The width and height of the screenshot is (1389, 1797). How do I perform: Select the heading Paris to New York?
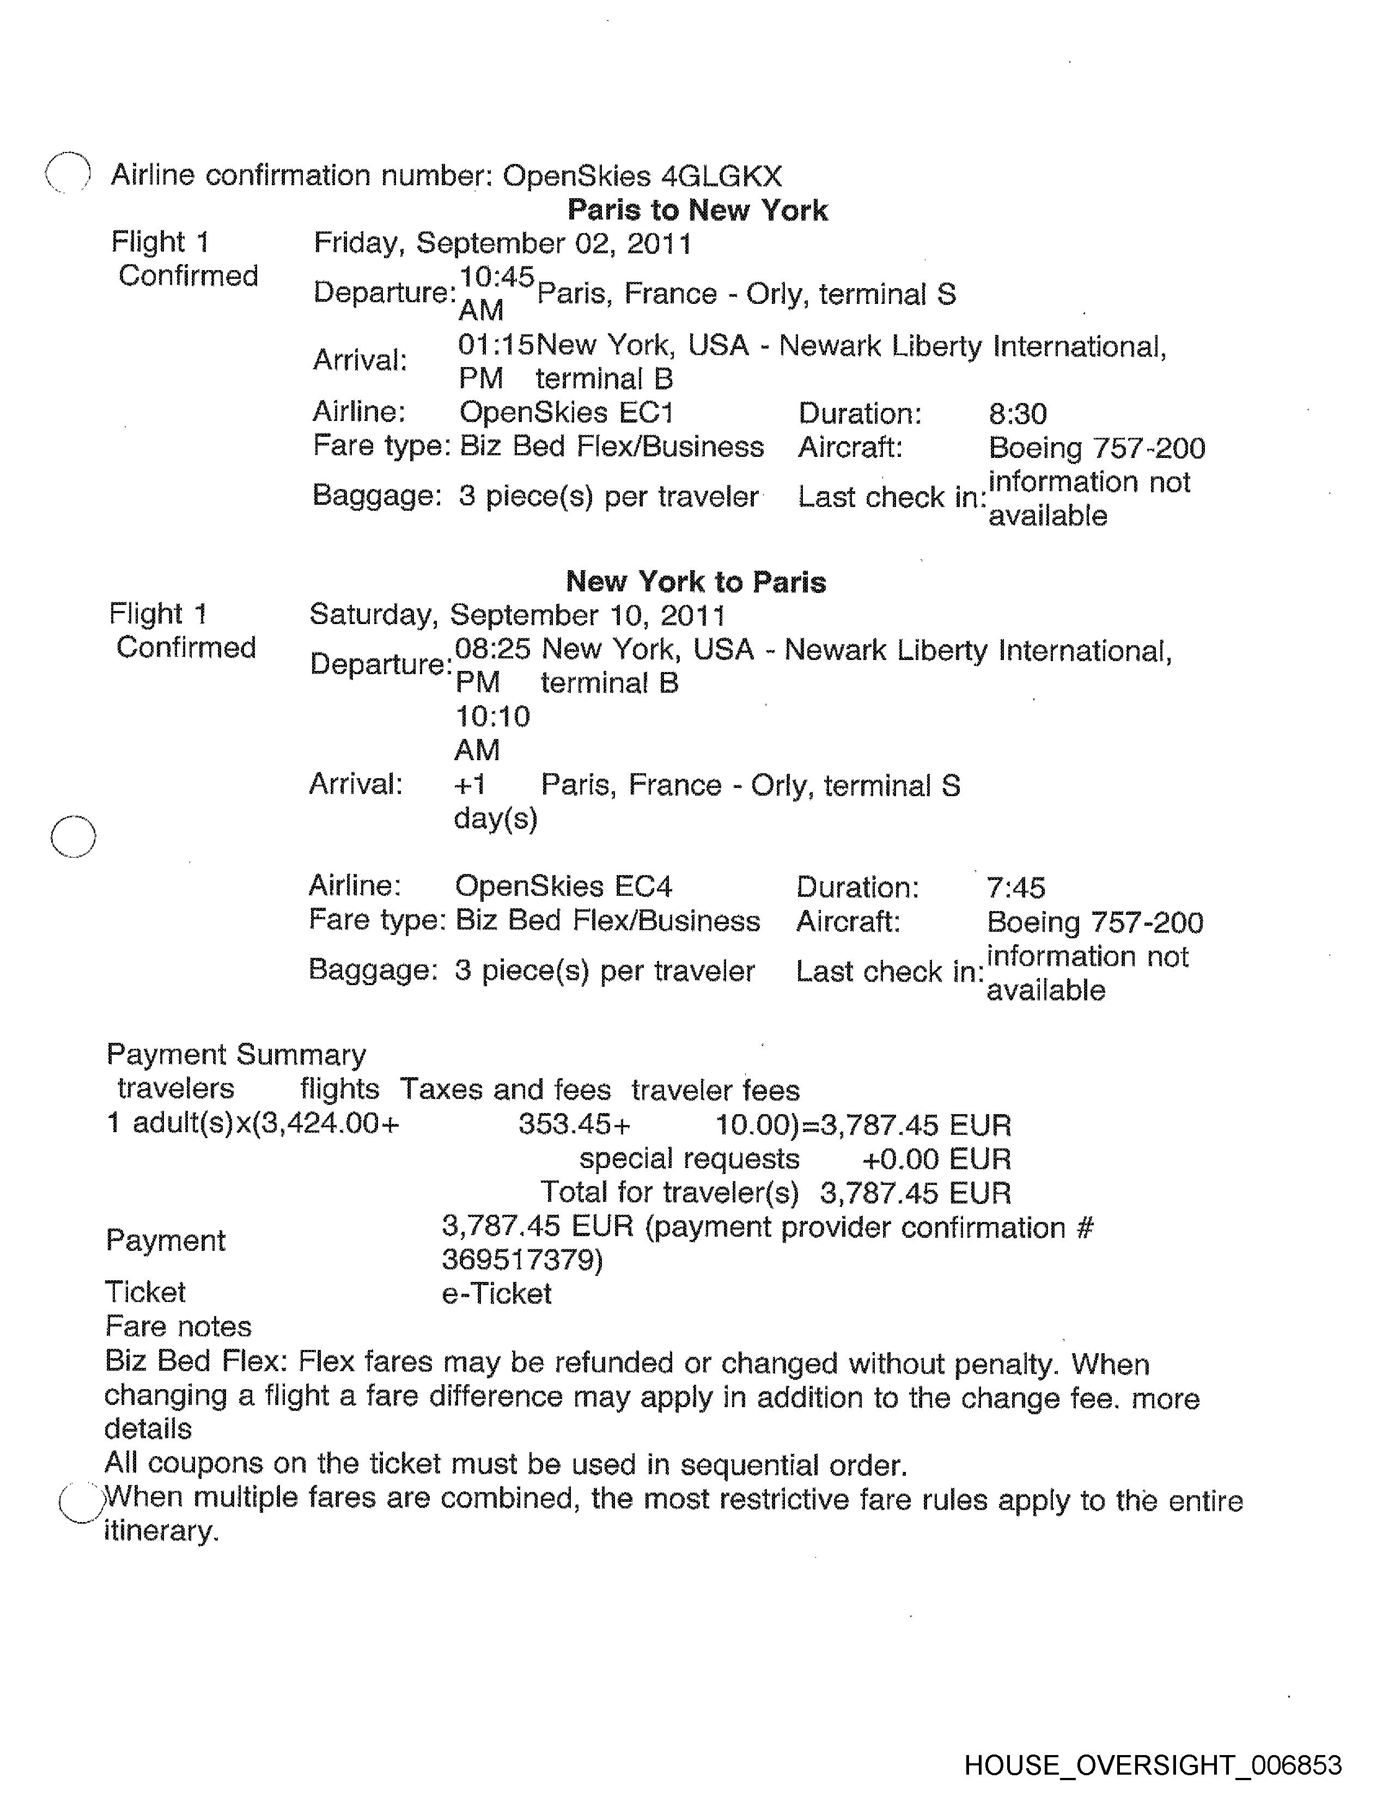point(697,211)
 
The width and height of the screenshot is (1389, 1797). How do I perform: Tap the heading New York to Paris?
point(696,582)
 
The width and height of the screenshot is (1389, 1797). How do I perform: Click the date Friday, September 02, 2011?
point(503,243)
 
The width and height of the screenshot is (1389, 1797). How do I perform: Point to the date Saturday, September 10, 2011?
point(517,615)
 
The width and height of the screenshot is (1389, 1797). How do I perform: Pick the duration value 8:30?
point(1017,414)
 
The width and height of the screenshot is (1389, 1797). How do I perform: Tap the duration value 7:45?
point(1015,888)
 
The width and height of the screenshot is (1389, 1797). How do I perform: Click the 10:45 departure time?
point(496,277)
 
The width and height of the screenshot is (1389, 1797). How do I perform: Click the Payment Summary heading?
point(236,1055)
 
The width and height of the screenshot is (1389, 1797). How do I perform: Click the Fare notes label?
point(179,1327)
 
